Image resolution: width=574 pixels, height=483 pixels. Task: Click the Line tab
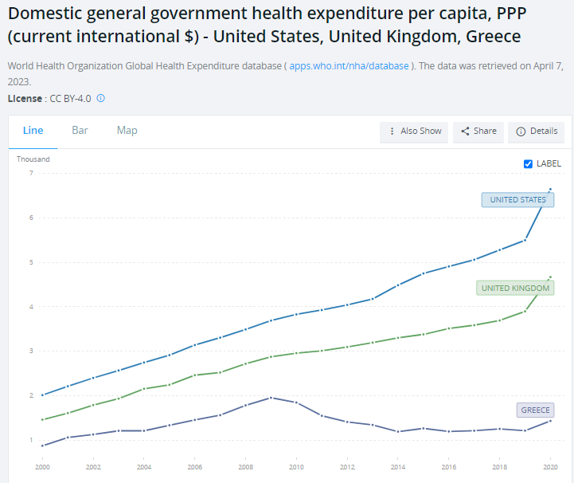point(33,131)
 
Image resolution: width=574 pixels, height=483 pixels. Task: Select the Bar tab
point(80,131)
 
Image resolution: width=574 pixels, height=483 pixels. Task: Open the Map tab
point(127,131)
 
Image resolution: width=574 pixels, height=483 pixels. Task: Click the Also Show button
point(415,132)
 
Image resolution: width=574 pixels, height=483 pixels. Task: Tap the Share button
point(478,132)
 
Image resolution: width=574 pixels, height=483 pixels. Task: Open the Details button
point(537,132)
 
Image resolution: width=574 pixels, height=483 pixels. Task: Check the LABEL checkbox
point(528,163)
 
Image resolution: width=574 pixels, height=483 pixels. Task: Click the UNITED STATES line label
point(517,200)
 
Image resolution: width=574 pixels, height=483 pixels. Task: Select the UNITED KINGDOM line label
point(515,288)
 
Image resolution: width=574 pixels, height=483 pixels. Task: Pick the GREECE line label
point(535,410)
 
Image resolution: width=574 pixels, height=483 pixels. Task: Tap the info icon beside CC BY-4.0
point(101,98)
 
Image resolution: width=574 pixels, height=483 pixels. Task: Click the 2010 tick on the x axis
point(296,467)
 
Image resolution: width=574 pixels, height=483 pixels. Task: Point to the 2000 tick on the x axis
point(42,467)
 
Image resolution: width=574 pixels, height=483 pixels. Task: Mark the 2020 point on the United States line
point(550,190)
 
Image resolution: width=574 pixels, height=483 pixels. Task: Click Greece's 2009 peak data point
point(271,398)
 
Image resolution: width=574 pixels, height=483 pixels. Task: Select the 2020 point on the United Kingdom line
point(550,277)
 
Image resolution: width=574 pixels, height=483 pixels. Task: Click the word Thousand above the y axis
point(33,159)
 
